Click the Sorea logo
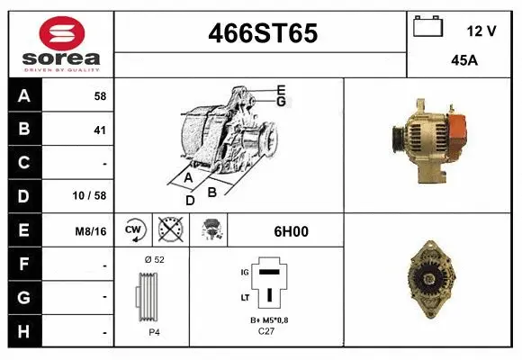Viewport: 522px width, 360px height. click(x=60, y=45)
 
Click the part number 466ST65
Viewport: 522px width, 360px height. click(x=262, y=33)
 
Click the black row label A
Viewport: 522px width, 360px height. click(x=24, y=95)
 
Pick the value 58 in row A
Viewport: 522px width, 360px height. click(x=99, y=95)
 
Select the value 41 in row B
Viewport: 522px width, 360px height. click(x=99, y=130)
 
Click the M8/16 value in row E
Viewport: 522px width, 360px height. click(x=92, y=231)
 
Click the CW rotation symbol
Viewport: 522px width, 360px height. click(x=134, y=230)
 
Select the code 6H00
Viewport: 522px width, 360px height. click(x=291, y=231)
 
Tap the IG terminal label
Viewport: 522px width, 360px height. click(x=244, y=270)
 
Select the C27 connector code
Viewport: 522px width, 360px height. click(x=265, y=330)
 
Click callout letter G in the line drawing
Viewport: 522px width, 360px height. click(x=281, y=102)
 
